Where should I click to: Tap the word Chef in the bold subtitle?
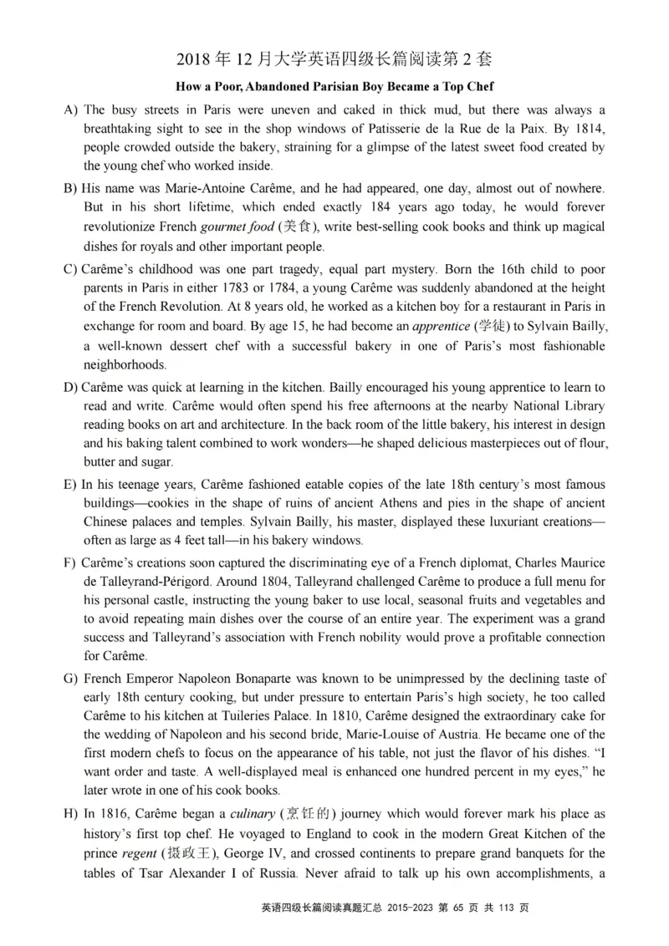(478, 86)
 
